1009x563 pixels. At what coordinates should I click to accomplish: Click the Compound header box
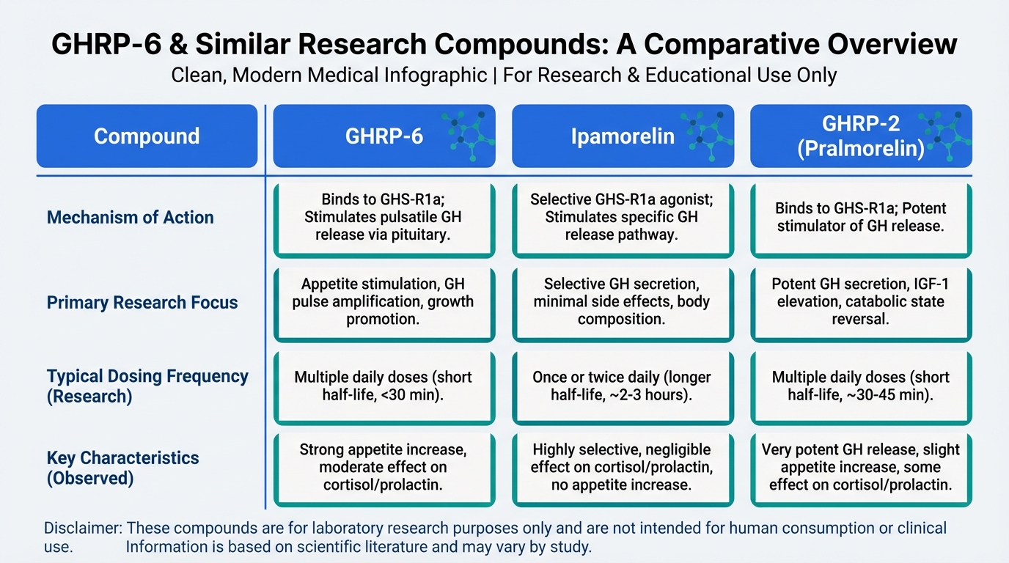point(147,136)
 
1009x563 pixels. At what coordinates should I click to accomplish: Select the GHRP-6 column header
point(384,136)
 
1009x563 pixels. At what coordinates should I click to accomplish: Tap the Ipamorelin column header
point(623,136)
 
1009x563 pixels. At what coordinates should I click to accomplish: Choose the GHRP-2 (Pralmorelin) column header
point(862,136)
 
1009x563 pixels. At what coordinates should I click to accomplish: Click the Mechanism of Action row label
point(131,218)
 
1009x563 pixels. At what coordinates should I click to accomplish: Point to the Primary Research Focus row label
point(142,303)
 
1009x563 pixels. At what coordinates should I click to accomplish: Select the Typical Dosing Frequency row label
point(147,386)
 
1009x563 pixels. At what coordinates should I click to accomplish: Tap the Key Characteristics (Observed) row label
point(122,468)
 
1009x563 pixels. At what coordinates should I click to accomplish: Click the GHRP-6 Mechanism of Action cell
point(384,220)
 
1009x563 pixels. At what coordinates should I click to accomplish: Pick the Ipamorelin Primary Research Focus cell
point(623,304)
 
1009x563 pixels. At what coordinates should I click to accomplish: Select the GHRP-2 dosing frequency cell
point(862,388)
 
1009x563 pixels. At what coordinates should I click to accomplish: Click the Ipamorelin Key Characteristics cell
point(623,470)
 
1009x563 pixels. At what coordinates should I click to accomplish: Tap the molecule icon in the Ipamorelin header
point(706,135)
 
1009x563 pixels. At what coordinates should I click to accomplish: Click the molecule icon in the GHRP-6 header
point(469,135)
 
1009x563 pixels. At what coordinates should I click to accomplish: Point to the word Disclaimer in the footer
point(83,528)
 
